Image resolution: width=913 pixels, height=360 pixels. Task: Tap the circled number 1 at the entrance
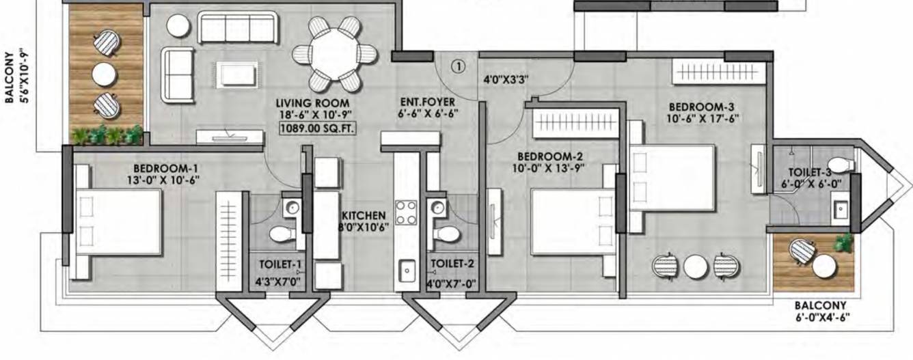pos(458,66)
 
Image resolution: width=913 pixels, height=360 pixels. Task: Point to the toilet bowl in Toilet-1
pos(280,234)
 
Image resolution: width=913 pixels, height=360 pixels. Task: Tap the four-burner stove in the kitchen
pos(406,211)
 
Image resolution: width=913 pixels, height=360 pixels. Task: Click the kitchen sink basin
pos(407,271)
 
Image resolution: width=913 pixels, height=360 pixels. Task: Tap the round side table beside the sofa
pos(178,26)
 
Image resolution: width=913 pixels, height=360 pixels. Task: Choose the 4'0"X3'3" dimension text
pos(506,79)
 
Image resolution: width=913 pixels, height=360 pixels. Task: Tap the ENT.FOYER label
pos(427,102)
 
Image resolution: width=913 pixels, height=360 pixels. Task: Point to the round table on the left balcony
pos(105,73)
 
